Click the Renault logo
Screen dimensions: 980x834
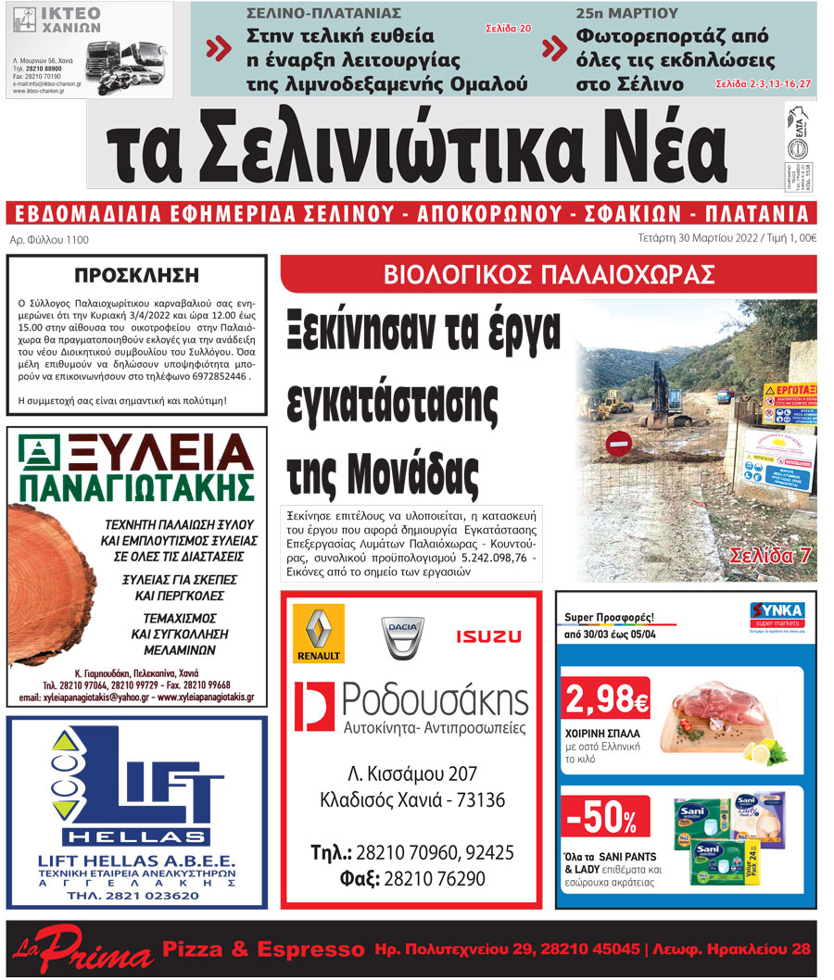(x=318, y=634)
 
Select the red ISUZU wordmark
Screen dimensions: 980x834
(x=488, y=636)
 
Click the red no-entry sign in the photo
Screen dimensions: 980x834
(x=619, y=444)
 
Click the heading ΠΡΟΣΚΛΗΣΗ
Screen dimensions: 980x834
(x=136, y=274)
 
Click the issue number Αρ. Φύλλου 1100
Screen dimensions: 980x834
(x=48, y=240)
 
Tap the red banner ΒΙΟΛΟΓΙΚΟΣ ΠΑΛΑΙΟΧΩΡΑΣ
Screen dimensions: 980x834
(x=549, y=274)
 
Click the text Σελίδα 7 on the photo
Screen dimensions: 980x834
(x=771, y=556)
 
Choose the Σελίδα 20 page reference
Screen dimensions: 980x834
(x=509, y=30)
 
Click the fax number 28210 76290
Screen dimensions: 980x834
(x=433, y=878)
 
